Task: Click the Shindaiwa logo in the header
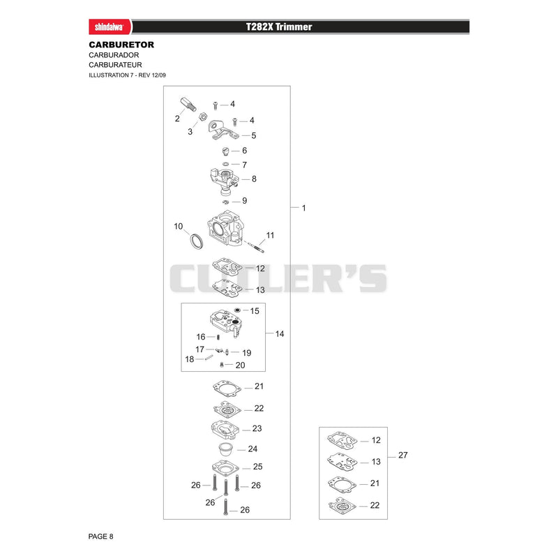[110, 27]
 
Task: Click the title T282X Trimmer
[279, 27]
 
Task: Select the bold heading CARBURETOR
[121, 45]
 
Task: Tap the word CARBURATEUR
[115, 65]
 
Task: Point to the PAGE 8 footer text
[100, 536]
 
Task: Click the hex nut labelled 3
[202, 116]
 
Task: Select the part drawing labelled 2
[188, 104]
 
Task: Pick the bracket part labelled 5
[223, 130]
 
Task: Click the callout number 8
[254, 179]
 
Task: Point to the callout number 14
[280, 334]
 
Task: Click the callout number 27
[403, 455]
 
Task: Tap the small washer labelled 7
[225, 164]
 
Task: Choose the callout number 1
[304, 208]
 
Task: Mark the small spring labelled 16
[218, 337]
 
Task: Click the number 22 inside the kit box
[375, 505]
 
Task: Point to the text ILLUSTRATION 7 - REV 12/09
[127, 75]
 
